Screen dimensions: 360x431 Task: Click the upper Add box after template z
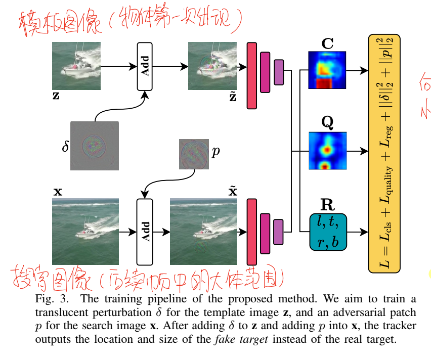tap(145, 66)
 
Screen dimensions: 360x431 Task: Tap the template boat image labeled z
tap(76, 66)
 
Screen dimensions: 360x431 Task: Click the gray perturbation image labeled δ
tap(95, 146)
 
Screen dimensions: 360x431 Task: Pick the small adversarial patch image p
tap(194, 154)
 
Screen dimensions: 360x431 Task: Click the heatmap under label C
tap(327, 70)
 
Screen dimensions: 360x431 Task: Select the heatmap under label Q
tap(327, 151)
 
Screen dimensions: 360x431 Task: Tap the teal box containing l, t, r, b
tap(327, 232)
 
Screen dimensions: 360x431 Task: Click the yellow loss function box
tap(384, 153)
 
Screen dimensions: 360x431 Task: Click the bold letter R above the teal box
tap(327, 205)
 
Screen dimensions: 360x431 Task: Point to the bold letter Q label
tap(327, 123)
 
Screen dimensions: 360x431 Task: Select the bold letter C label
tap(327, 44)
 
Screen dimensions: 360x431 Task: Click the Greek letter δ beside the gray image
tap(65, 148)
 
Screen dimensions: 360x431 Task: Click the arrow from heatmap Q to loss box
tap(357, 151)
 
